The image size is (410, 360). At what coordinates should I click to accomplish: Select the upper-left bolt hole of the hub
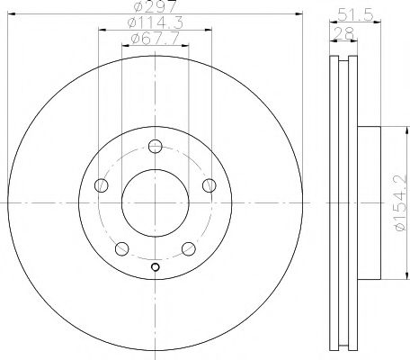(x=101, y=185)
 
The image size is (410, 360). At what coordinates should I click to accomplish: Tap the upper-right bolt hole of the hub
(x=209, y=185)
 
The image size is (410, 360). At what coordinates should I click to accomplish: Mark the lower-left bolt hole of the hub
(x=121, y=248)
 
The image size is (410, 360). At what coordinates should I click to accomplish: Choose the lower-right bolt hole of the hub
(x=188, y=248)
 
